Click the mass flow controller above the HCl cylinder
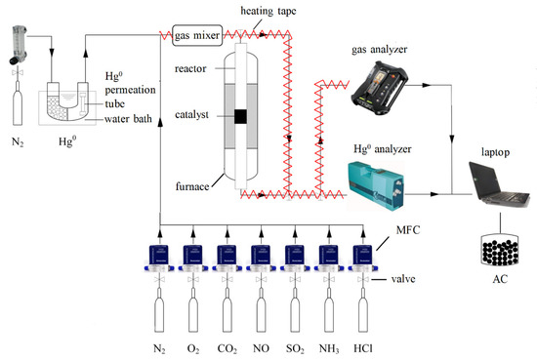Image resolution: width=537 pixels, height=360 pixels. pos(363,260)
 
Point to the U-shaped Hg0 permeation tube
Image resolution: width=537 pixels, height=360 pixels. pos(67,101)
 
